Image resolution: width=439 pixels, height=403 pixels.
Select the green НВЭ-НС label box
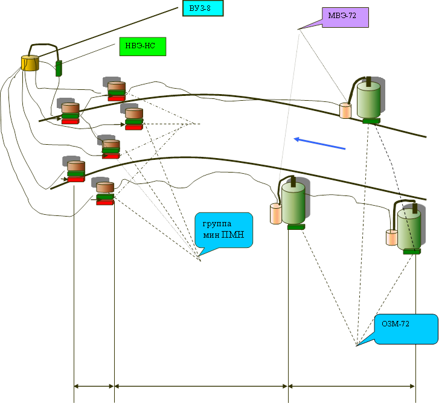(143, 46)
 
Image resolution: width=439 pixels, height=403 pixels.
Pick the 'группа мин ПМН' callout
(223, 229)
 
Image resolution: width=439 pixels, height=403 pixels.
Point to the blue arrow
(320, 143)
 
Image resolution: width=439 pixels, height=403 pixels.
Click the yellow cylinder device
(30, 63)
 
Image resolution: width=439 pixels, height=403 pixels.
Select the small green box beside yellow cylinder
(59, 68)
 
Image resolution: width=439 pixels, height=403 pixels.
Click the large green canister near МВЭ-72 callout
(368, 100)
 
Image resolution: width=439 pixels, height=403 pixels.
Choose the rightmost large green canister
(409, 229)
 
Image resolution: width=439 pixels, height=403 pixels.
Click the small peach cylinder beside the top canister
(345, 110)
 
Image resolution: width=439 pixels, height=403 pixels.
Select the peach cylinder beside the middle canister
(276, 214)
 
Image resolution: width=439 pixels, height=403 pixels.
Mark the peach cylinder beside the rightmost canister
(392, 236)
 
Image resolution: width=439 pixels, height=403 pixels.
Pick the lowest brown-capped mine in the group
(105, 193)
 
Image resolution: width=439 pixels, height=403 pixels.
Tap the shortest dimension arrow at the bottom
(94, 386)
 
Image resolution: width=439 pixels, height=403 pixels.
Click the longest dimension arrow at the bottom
(201, 386)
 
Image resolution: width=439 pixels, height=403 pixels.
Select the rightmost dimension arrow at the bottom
(353, 386)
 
